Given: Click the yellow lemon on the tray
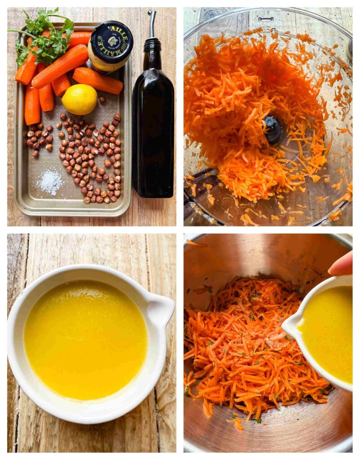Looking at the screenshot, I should click(80, 99).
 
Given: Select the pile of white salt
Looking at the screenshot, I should click(50, 181).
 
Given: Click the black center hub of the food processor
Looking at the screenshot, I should click(272, 129).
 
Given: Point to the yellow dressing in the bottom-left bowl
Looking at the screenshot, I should click(85, 339).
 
